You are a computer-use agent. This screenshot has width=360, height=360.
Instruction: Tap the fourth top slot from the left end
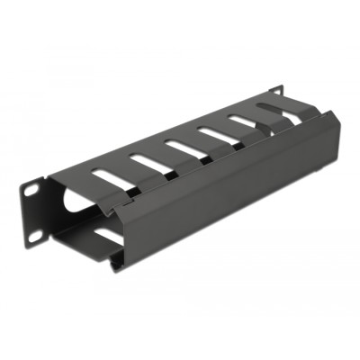(213, 133)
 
